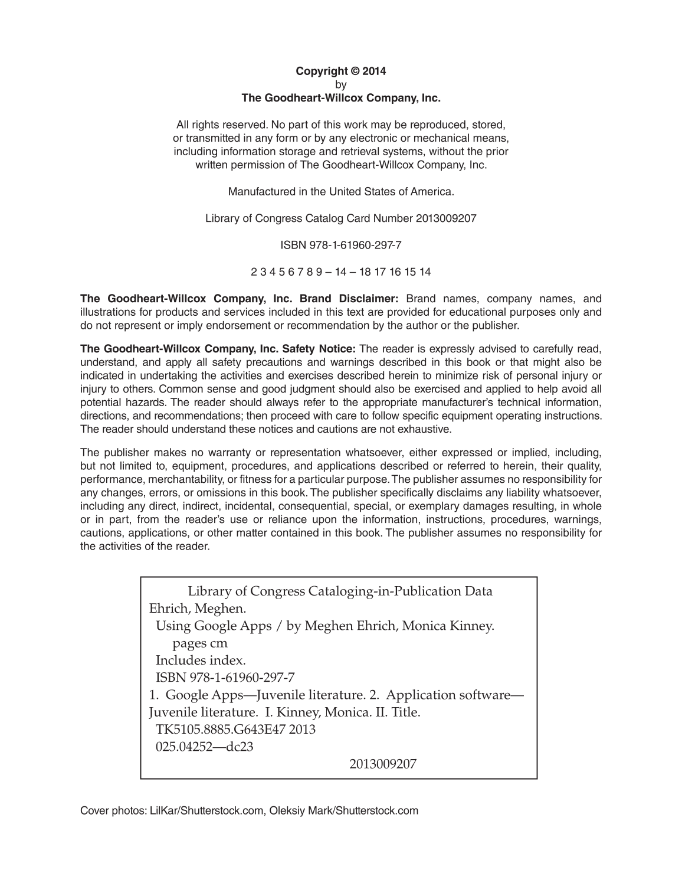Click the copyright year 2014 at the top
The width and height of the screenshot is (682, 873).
[374, 71]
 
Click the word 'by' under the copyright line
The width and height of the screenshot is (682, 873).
[341, 85]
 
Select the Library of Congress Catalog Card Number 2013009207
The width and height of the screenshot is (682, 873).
[445, 218]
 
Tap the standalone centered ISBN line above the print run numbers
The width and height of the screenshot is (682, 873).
[341, 245]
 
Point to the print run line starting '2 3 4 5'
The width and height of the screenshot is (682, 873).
[341, 272]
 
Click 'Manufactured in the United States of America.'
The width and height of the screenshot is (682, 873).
[341, 192]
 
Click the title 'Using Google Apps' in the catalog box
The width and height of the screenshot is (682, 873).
[214, 626]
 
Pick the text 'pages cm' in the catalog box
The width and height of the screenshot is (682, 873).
[199, 643]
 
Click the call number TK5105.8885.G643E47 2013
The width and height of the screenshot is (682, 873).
[235, 729]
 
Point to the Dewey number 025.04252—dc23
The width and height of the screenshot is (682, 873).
[204, 747]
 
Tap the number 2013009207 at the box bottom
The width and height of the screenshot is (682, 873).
[383, 764]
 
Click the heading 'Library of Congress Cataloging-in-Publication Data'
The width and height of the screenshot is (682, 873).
[340, 591]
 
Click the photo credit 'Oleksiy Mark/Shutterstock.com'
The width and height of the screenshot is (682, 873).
[343, 810]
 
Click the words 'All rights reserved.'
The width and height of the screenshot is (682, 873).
[216, 125]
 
